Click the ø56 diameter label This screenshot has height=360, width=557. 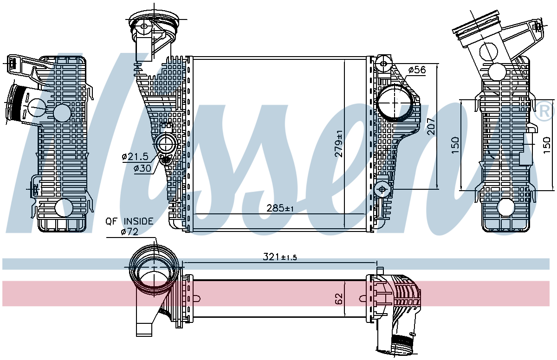click(417, 70)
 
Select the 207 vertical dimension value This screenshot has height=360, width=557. click(431, 127)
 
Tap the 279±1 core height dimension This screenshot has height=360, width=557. click(339, 144)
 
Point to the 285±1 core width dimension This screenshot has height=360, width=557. click(280, 208)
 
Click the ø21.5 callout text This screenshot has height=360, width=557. click(135, 156)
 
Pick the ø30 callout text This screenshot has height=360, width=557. click(142, 168)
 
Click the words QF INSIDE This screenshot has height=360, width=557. click(130, 221)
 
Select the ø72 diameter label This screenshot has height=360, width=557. click(130, 232)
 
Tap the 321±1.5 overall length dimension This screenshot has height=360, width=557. click(280, 257)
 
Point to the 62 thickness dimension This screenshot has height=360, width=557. click(339, 299)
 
